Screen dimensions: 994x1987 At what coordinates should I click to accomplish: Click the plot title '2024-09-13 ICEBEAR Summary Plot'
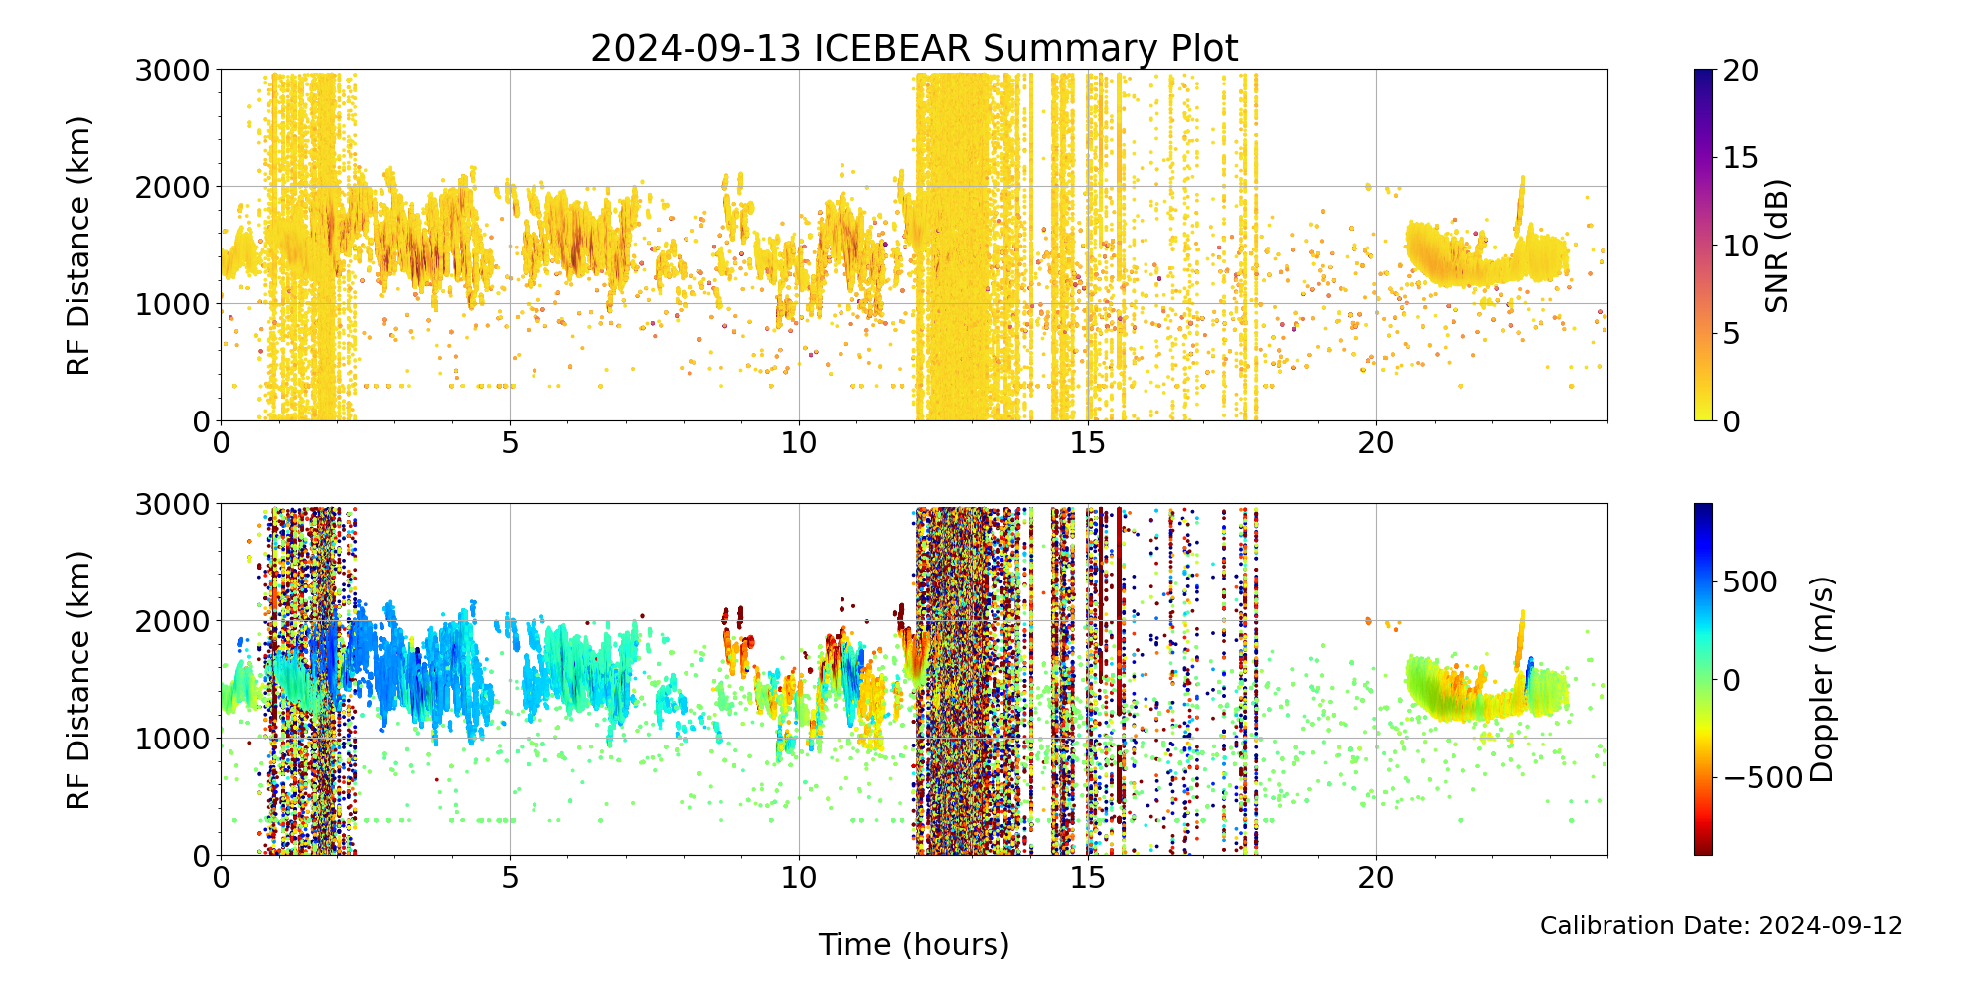click(x=914, y=48)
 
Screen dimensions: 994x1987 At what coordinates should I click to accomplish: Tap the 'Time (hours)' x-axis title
click(x=914, y=944)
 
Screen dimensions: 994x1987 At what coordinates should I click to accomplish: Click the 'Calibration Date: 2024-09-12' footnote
click(x=1721, y=926)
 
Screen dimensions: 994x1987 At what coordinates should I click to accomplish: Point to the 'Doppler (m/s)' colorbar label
click(x=1822, y=680)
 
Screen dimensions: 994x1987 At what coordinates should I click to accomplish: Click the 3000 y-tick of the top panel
click(x=173, y=71)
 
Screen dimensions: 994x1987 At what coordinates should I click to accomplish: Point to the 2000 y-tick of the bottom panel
click(x=173, y=621)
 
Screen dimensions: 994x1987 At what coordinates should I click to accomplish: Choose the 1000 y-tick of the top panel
click(x=173, y=304)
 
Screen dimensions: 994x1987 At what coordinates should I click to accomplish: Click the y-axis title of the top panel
click(x=78, y=246)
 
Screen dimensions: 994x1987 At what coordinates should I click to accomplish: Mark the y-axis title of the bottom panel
click(x=78, y=680)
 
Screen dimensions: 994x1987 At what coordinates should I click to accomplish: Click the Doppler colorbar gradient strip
click(x=1703, y=680)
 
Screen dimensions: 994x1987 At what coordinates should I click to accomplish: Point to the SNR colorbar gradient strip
click(x=1703, y=246)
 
